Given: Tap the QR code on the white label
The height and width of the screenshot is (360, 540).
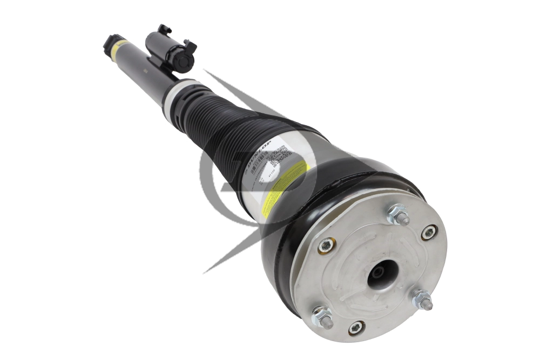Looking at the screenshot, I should point(281,155).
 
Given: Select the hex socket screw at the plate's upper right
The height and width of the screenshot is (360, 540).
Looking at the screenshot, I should point(428,233).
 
